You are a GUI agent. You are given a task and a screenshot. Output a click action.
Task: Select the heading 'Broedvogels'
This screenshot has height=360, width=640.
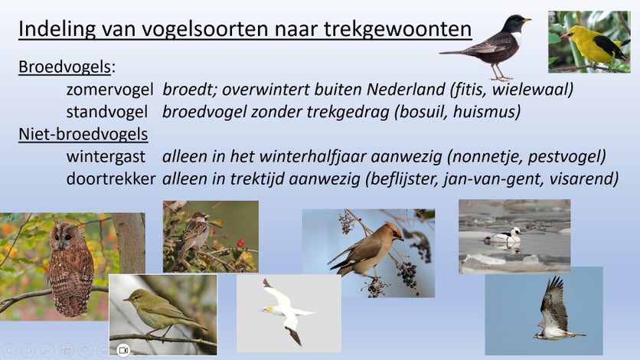(x=64, y=67)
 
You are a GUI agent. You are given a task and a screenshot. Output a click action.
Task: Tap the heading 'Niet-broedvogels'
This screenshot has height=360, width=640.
(x=83, y=134)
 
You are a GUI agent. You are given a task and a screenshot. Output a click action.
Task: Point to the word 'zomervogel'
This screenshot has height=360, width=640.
(x=109, y=90)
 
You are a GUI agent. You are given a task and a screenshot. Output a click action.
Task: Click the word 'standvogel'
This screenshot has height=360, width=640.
(x=107, y=111)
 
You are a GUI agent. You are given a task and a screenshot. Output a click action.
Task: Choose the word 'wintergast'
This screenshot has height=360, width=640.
(x=106, y=157)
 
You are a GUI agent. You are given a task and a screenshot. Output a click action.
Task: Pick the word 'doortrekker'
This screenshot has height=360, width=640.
(x=110, y=178)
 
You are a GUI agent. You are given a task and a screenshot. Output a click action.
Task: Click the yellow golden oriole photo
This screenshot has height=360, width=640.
(x=589, y=42)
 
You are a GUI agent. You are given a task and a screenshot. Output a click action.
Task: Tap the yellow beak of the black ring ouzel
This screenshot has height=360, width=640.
(x=527, y=20)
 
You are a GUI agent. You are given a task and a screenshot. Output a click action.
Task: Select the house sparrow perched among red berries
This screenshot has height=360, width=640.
(x=195, y=232)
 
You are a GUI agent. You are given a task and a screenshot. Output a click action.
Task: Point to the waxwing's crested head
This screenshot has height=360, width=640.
(x=394, y=232)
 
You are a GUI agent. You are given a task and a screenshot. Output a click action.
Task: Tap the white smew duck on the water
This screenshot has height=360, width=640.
(x=503, y=237)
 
